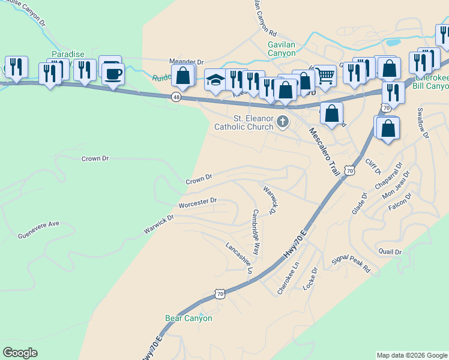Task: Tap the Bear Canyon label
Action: coord(188,318)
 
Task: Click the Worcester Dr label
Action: coord(197,203)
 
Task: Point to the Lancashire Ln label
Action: coord(240,258)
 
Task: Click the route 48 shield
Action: coord(176,97)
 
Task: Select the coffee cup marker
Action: coord(113,74)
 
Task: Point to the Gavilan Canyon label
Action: coord(282,49)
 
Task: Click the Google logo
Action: coord(20,353)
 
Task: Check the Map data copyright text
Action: coord(411,355)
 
